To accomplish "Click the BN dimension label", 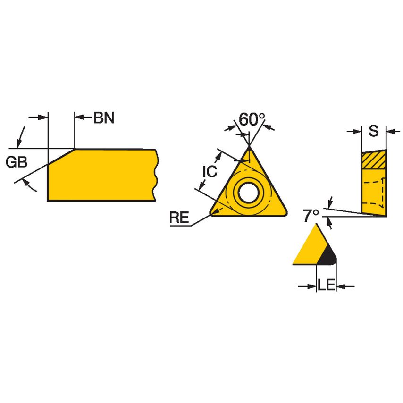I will click(104, 118).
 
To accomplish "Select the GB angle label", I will click(17, 162).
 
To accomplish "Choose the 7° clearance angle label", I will click(311, 216).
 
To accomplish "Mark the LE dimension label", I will click(326, 285).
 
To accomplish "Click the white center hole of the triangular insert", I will click(248, 192).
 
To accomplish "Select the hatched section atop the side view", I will click(373, 160).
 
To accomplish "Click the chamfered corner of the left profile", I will click(61, 157).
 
